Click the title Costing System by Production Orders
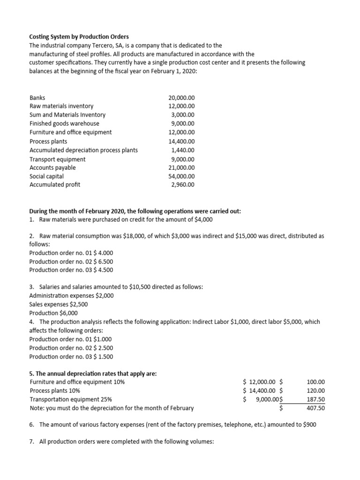point(79,37)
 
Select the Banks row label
point(37,97)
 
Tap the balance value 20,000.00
point(181,97)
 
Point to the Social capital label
point(46,176)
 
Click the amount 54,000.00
point(181,176)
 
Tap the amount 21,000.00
point(181,167)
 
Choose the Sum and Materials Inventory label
point(67,115)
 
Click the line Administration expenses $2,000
point(71,296)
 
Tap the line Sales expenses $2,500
point(58,304)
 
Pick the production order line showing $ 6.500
point(71,261)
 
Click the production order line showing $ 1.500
point(71,357)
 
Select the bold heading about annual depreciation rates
point(93,374)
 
